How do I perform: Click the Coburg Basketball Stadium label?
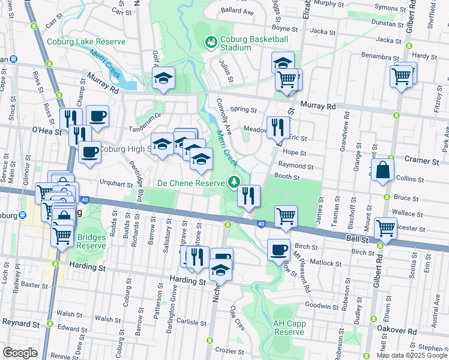point(253,43)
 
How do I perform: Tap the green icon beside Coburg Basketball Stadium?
point(211,42)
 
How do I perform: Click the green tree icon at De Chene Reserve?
point(234,182)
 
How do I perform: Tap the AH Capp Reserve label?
point(289,328)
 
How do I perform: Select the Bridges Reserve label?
point(91,241)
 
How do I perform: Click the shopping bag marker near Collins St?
point(382,170)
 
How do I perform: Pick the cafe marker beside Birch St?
point(278,250)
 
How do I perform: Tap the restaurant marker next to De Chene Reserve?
point(249,196)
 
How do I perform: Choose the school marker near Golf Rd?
point(163,79)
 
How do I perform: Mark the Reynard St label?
point(20,323)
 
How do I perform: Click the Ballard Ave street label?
point(237,11)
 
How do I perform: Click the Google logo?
point(20,352)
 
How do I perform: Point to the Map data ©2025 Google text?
point(411,355)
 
